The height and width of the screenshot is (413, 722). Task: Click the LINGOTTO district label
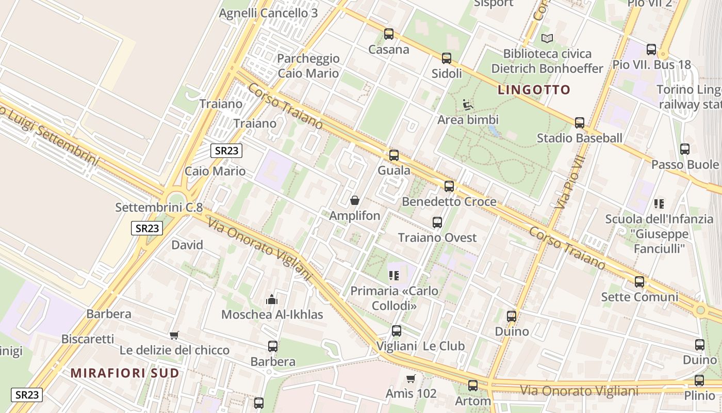(534, 90)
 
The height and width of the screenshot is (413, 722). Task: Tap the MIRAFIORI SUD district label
(125, 373)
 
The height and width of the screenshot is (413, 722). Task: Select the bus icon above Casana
(389, 34)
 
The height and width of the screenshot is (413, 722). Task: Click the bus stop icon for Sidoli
(447, 58)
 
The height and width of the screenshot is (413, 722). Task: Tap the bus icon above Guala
(394, 155)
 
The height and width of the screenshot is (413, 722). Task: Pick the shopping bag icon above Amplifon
(355, 200)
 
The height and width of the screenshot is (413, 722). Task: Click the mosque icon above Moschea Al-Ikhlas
(272, 299)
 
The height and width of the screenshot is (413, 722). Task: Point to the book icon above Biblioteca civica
(547, 38)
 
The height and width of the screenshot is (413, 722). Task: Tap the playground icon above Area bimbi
(468, 105)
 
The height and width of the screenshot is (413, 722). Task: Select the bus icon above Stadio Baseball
(580, 123)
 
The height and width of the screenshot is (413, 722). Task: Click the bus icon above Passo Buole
(685, 149)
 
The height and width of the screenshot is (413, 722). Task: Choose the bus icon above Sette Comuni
(639, 282)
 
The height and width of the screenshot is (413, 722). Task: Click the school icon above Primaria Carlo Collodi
(395, 276)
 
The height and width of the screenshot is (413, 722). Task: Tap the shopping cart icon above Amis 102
(411, 378)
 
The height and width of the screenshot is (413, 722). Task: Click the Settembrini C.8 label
(159, 208)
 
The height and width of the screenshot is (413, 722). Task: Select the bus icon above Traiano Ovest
(437, 223)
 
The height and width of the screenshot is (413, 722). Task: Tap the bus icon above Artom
(473, 385)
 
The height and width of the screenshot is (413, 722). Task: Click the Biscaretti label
(88, 339)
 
